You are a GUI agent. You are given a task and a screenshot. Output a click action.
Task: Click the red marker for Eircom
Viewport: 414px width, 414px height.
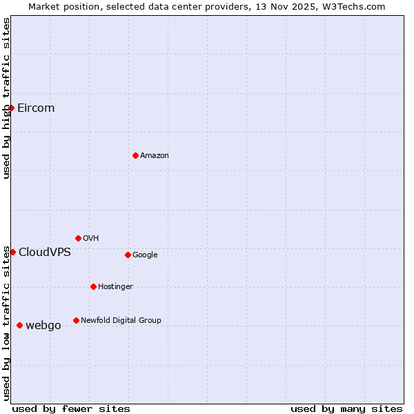11,108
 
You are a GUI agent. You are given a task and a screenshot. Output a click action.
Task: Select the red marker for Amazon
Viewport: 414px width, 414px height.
135,155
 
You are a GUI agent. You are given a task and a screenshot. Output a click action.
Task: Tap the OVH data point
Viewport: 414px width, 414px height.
78,238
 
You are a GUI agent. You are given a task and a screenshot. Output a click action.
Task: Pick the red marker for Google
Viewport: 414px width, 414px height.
128,255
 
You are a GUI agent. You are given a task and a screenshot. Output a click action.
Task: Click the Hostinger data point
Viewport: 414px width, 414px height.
93,286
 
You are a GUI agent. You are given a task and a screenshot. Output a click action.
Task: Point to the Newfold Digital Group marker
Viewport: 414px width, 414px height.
76,320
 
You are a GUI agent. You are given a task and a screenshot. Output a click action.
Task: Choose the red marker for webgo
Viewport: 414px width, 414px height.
19,325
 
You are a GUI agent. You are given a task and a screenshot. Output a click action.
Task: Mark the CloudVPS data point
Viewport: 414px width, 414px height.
12,252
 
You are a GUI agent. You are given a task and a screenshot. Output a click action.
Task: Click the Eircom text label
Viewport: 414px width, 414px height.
36,108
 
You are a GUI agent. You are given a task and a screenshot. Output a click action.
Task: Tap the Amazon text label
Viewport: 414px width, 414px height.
155,156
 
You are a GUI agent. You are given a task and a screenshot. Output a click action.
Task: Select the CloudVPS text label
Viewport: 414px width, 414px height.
45,253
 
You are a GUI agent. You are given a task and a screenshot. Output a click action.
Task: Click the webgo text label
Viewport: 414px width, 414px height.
43,326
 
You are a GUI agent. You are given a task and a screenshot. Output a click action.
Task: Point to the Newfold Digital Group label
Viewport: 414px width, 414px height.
121,320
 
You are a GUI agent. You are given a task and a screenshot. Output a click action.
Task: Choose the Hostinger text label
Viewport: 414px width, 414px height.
115,286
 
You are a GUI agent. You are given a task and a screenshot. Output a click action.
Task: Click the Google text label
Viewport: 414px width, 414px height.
145,255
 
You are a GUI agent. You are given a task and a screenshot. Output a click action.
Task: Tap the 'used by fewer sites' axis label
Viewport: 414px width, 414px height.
71,408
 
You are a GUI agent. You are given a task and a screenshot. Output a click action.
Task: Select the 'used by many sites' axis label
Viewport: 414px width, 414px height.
346,408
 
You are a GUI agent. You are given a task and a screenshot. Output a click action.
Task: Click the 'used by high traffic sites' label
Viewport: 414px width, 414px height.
6,99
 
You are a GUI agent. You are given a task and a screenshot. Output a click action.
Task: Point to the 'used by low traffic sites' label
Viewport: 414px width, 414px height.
6,323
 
